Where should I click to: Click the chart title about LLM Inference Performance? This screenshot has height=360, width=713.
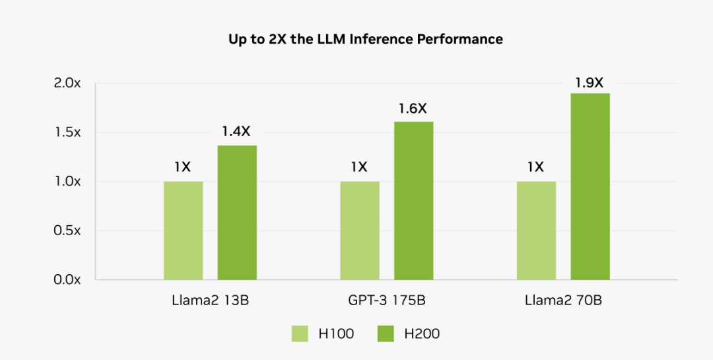(x=365, y=40)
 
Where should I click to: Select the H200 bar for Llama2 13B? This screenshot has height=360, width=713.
(x=237, y=213)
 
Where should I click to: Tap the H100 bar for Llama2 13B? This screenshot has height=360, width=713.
(x=183, y=231)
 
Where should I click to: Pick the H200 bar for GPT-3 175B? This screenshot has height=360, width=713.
(x=414, y=201)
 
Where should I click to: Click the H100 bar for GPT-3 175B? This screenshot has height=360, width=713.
(x=360, y=231)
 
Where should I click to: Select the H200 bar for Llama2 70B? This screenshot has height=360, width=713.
(x=590, y=186)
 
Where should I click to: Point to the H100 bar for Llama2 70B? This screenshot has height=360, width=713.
(x=536, y=231)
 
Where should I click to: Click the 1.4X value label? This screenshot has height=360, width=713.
(x=237, y=132)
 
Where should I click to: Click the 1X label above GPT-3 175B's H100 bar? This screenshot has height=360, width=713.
(x=360, y=168)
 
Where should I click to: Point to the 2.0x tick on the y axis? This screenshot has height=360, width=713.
(x=67, y=83)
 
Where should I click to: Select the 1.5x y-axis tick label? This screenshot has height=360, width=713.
(x=67, y=132)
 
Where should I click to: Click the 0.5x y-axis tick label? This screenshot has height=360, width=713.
(x=67, y=231)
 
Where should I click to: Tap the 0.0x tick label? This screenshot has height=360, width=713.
(x=67, y=279)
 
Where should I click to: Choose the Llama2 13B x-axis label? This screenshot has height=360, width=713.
(x=209, y=301)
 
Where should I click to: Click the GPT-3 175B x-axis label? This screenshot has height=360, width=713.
(x=386, y=301)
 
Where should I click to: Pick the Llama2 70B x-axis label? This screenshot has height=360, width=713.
(x=563, y=301)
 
